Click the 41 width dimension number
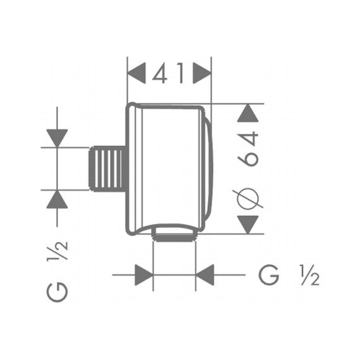(168, 73)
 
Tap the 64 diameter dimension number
(248, 149)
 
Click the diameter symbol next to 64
(248, 199)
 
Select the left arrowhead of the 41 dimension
(136, 73)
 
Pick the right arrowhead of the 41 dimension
(202, 73)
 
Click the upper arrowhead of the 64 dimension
(248, 113)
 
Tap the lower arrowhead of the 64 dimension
(248, 225)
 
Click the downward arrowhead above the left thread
(57, 138)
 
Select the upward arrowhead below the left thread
(57, 200)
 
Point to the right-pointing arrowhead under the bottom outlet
(144, 275)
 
